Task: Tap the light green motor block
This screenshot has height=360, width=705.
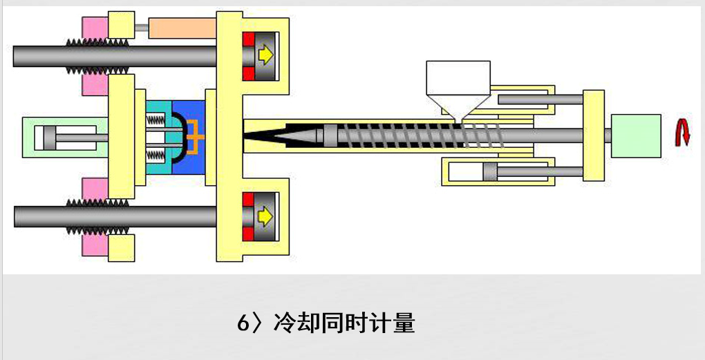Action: click(636, 136)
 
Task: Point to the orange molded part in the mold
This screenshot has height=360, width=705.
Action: click(197, 137)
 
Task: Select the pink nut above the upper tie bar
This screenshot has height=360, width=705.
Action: click(95, 28)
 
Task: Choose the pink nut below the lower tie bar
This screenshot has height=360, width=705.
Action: click(95, 244)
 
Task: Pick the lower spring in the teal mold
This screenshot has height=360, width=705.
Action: click(159, 153)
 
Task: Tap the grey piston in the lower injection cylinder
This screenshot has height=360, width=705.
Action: click(491, 172)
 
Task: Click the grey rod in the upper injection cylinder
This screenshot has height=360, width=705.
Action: click(539, 100)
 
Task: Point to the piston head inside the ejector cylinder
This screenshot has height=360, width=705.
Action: click(49, 138)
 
